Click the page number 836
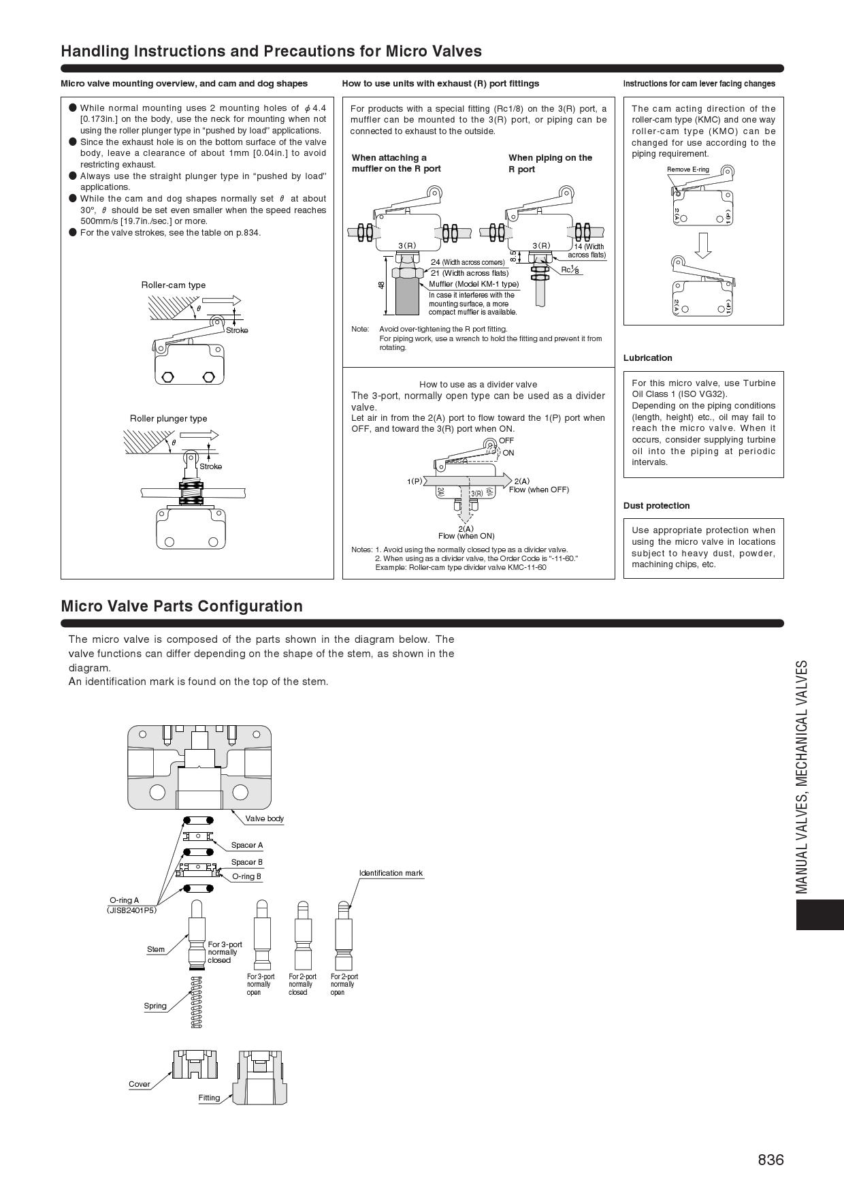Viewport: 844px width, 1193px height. [770, 1159]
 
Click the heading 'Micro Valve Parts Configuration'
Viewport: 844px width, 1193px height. [182, 606]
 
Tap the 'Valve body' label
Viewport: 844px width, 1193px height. [264, 818]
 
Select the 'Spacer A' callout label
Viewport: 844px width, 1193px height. [246, 845]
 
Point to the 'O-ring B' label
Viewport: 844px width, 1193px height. [246, 876]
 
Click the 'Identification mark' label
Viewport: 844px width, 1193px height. [391, 873]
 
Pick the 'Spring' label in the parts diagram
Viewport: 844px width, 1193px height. [155, 1006]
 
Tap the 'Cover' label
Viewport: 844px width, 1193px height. [140, 1084]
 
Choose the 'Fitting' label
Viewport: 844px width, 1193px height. [209, 1098]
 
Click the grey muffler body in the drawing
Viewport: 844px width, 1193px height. [407, 297]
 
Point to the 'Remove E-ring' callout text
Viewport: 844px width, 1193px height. [687, 170]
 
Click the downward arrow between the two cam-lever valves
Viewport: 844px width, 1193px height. [703, 245]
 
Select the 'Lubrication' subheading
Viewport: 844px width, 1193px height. [647, 358]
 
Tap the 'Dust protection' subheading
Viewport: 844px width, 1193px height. [656, 506]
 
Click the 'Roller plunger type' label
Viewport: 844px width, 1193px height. [168, 419]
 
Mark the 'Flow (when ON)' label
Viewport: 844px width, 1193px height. [466, 536]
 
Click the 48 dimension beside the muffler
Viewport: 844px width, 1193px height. [381, 285]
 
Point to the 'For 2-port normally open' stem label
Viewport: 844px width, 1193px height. [344, 985]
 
